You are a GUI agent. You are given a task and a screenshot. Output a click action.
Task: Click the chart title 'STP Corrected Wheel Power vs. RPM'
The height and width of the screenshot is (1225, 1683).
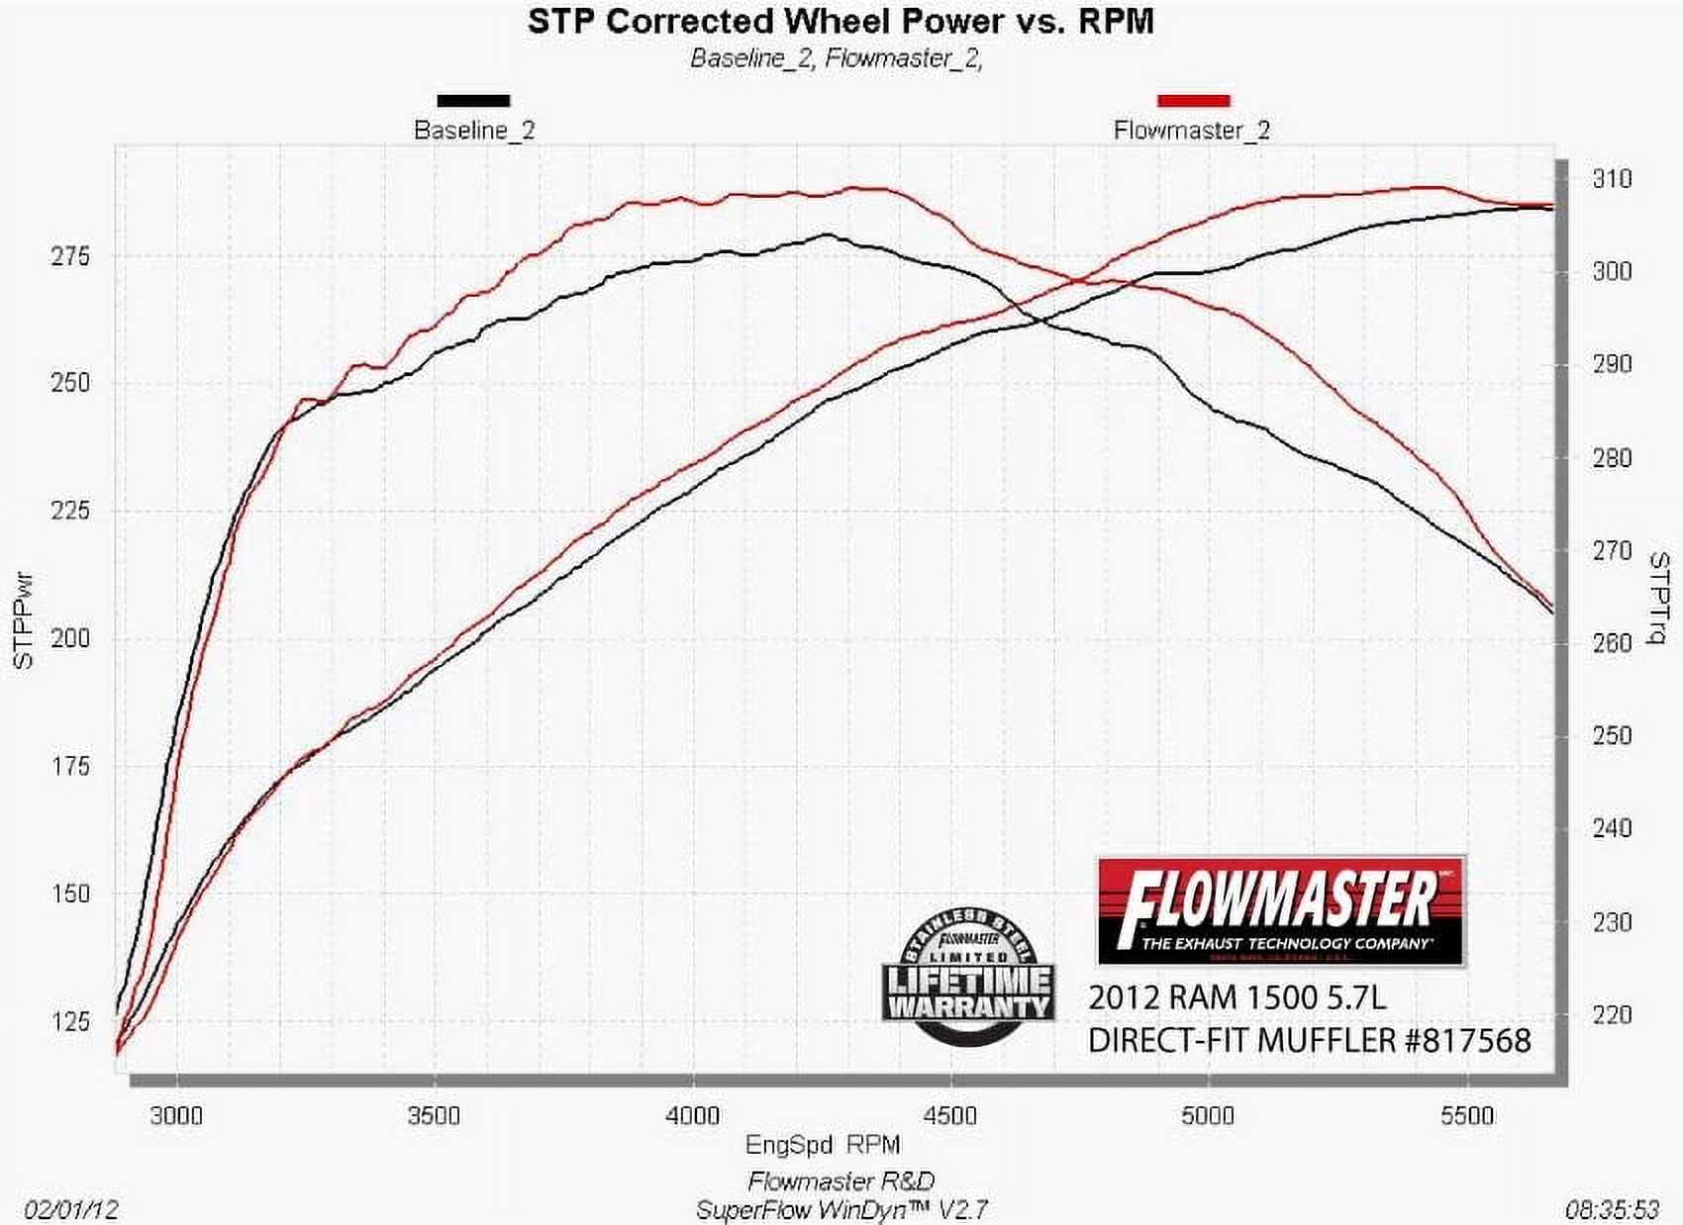(x=841, y=22)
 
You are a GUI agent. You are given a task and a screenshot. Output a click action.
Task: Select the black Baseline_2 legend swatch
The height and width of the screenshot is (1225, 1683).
(x=473, y=100)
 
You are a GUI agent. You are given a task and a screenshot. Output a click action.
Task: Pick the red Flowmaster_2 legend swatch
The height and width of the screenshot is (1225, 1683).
(x=1193, y=100)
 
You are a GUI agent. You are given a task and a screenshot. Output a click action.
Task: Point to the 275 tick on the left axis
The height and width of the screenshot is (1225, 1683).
(x=69, y=256)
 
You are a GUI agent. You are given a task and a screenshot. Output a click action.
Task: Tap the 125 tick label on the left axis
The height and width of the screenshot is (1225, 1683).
(x=69, y=1021)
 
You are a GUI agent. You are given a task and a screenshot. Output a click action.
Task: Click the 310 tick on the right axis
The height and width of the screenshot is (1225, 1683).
(x=1611, y=179)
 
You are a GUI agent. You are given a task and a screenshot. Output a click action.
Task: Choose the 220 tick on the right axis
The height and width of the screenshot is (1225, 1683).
(x=1611, y=1015)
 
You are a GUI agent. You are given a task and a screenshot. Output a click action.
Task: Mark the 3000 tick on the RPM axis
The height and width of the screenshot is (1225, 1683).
(x=176, y=1116)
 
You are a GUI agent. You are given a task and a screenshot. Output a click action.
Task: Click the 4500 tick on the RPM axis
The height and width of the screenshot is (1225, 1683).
(x=950, y=1116)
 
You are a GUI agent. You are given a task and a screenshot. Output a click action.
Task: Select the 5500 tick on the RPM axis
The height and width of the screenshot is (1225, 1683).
(x=1467, y=1116)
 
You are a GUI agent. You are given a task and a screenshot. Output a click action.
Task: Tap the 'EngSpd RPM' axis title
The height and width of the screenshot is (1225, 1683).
(x=823, y=1145)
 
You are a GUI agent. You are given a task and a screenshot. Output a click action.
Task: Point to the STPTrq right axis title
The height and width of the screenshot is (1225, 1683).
(x=1657, y=598)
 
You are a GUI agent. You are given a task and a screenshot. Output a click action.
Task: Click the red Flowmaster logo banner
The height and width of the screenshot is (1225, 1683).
(x=1281, y=911)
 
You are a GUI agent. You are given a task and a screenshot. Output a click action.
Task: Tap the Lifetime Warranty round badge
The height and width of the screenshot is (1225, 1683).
(x=967, y=976)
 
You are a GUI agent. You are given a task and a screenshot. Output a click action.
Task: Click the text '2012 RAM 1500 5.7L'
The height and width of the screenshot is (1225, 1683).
(x=1237, y=996)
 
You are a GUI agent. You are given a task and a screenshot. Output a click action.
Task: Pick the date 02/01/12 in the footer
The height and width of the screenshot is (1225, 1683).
(x=71, y=1209)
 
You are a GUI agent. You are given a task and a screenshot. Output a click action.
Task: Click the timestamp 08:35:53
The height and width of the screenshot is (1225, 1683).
(x=1612, y=1209)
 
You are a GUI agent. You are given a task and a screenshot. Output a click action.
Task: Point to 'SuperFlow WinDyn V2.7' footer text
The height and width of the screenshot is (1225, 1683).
(x=841, y=1209)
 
